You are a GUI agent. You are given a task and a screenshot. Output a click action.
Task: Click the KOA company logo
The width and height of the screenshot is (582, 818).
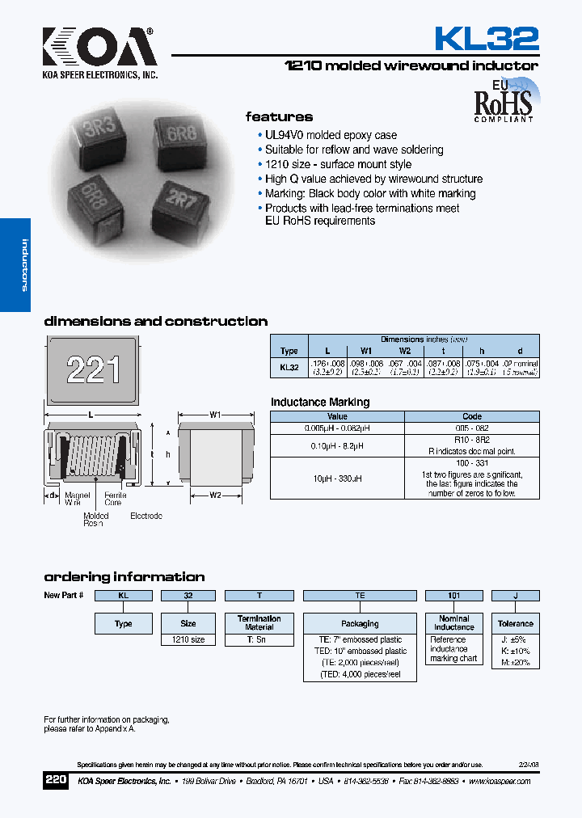[99, 50]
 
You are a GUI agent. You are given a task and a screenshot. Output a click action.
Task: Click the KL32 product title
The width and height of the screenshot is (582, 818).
[487, 39]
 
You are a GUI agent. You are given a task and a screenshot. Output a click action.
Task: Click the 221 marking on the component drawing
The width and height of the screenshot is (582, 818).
[93, 370]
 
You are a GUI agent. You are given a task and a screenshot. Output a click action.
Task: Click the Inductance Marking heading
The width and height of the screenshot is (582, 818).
[320, 402]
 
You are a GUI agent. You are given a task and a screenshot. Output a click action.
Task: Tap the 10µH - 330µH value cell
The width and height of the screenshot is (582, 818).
[337, 479]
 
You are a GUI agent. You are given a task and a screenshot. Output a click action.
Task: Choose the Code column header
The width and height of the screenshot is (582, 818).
[471, 416]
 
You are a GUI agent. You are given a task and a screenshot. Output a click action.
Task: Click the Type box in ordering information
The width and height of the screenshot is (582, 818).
[124, 624]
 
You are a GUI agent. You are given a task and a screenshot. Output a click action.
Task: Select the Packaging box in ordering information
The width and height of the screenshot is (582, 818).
[360, 624]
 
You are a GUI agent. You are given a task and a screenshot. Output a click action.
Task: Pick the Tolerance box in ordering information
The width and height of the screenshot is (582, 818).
[516, 624]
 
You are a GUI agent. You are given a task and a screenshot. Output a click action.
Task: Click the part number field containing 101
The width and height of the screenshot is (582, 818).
[453, 596]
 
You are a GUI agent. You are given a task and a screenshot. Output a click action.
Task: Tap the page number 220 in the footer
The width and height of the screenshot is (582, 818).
[56, 781]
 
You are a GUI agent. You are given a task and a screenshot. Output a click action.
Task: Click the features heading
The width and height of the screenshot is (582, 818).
[279, 116]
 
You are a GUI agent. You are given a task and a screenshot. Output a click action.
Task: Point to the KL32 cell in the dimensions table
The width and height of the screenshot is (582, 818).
[289, 367]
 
